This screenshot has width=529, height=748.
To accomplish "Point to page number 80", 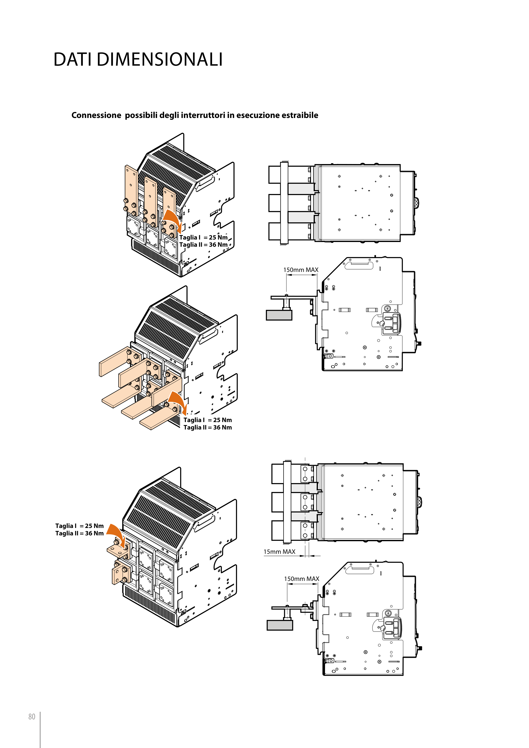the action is (32, 717).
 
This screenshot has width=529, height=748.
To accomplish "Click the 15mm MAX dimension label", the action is (279, 551).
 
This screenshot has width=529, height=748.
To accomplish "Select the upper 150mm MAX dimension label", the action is (301, 270).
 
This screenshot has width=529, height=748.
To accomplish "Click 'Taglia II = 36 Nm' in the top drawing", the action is (203, 245).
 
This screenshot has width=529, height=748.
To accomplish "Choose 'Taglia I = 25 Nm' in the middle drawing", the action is (208, 420).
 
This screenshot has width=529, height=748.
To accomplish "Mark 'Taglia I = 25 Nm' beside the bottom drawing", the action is (79, 526).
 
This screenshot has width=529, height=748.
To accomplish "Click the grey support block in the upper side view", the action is (279, 315).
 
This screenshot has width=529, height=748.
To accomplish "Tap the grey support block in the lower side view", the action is (280, 625).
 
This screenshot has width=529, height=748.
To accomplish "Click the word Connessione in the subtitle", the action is (96, 115).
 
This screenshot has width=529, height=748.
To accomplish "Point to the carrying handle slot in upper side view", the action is (359, 266).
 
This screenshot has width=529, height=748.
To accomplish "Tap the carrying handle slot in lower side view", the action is (360, 570).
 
